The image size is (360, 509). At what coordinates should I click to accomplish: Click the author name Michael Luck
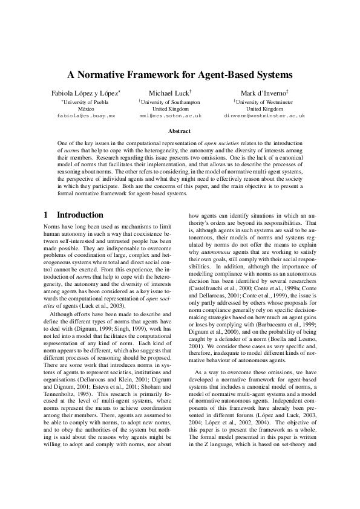pos(169,94)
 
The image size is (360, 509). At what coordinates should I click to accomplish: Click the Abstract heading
pos(179,131)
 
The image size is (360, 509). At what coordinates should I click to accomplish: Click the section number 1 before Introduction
pos(46,215)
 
